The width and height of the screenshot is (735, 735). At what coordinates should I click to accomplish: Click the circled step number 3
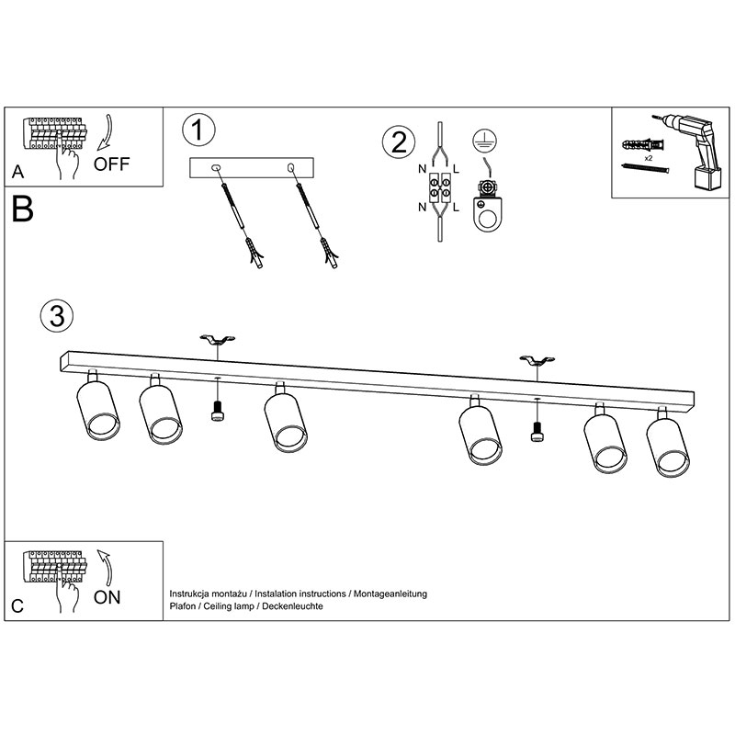coord(56,315)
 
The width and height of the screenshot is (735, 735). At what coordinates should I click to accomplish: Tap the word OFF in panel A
coord(112,164)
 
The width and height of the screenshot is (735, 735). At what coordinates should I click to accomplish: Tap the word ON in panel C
coord(107,597)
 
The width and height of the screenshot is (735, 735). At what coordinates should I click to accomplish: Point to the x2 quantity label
coord(649,159)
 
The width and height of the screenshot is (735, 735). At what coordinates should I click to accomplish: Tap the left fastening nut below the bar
coord(218,413)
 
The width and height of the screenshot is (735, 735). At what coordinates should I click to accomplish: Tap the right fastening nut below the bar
coord(537,433)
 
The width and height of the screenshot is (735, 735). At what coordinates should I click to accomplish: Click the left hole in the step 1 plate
coord(216,167)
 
